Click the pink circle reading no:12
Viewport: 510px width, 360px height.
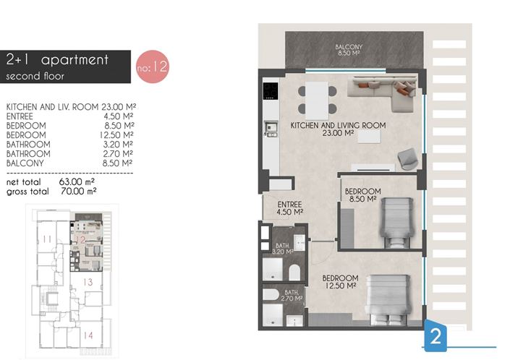(152, 68)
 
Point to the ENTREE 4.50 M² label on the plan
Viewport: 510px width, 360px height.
(289, 208)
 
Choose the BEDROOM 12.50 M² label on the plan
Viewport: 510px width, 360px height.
(340, 282)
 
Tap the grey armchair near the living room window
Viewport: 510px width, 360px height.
(407, 156)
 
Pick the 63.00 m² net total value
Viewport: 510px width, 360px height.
(82, 184)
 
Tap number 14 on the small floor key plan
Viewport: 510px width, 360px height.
(88, 335)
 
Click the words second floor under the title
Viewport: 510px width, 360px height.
(33, 75)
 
